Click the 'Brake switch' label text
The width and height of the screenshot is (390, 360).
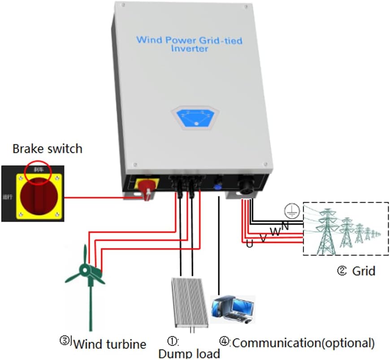click(47, 148)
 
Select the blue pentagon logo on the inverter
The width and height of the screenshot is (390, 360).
click(194, 118)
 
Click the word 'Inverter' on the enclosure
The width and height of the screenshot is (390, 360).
click(189, 48)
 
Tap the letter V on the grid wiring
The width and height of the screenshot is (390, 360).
click(264, 238)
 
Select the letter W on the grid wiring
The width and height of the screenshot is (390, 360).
click(274, 232)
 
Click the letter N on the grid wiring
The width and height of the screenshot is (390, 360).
click(285, 226)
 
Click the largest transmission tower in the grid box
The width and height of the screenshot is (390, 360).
click(326, 231)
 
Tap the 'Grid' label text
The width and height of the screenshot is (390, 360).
click(363, 271)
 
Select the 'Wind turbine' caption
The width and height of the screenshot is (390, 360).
click(109, 344)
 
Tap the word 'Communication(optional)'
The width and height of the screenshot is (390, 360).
click(303, 343)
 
